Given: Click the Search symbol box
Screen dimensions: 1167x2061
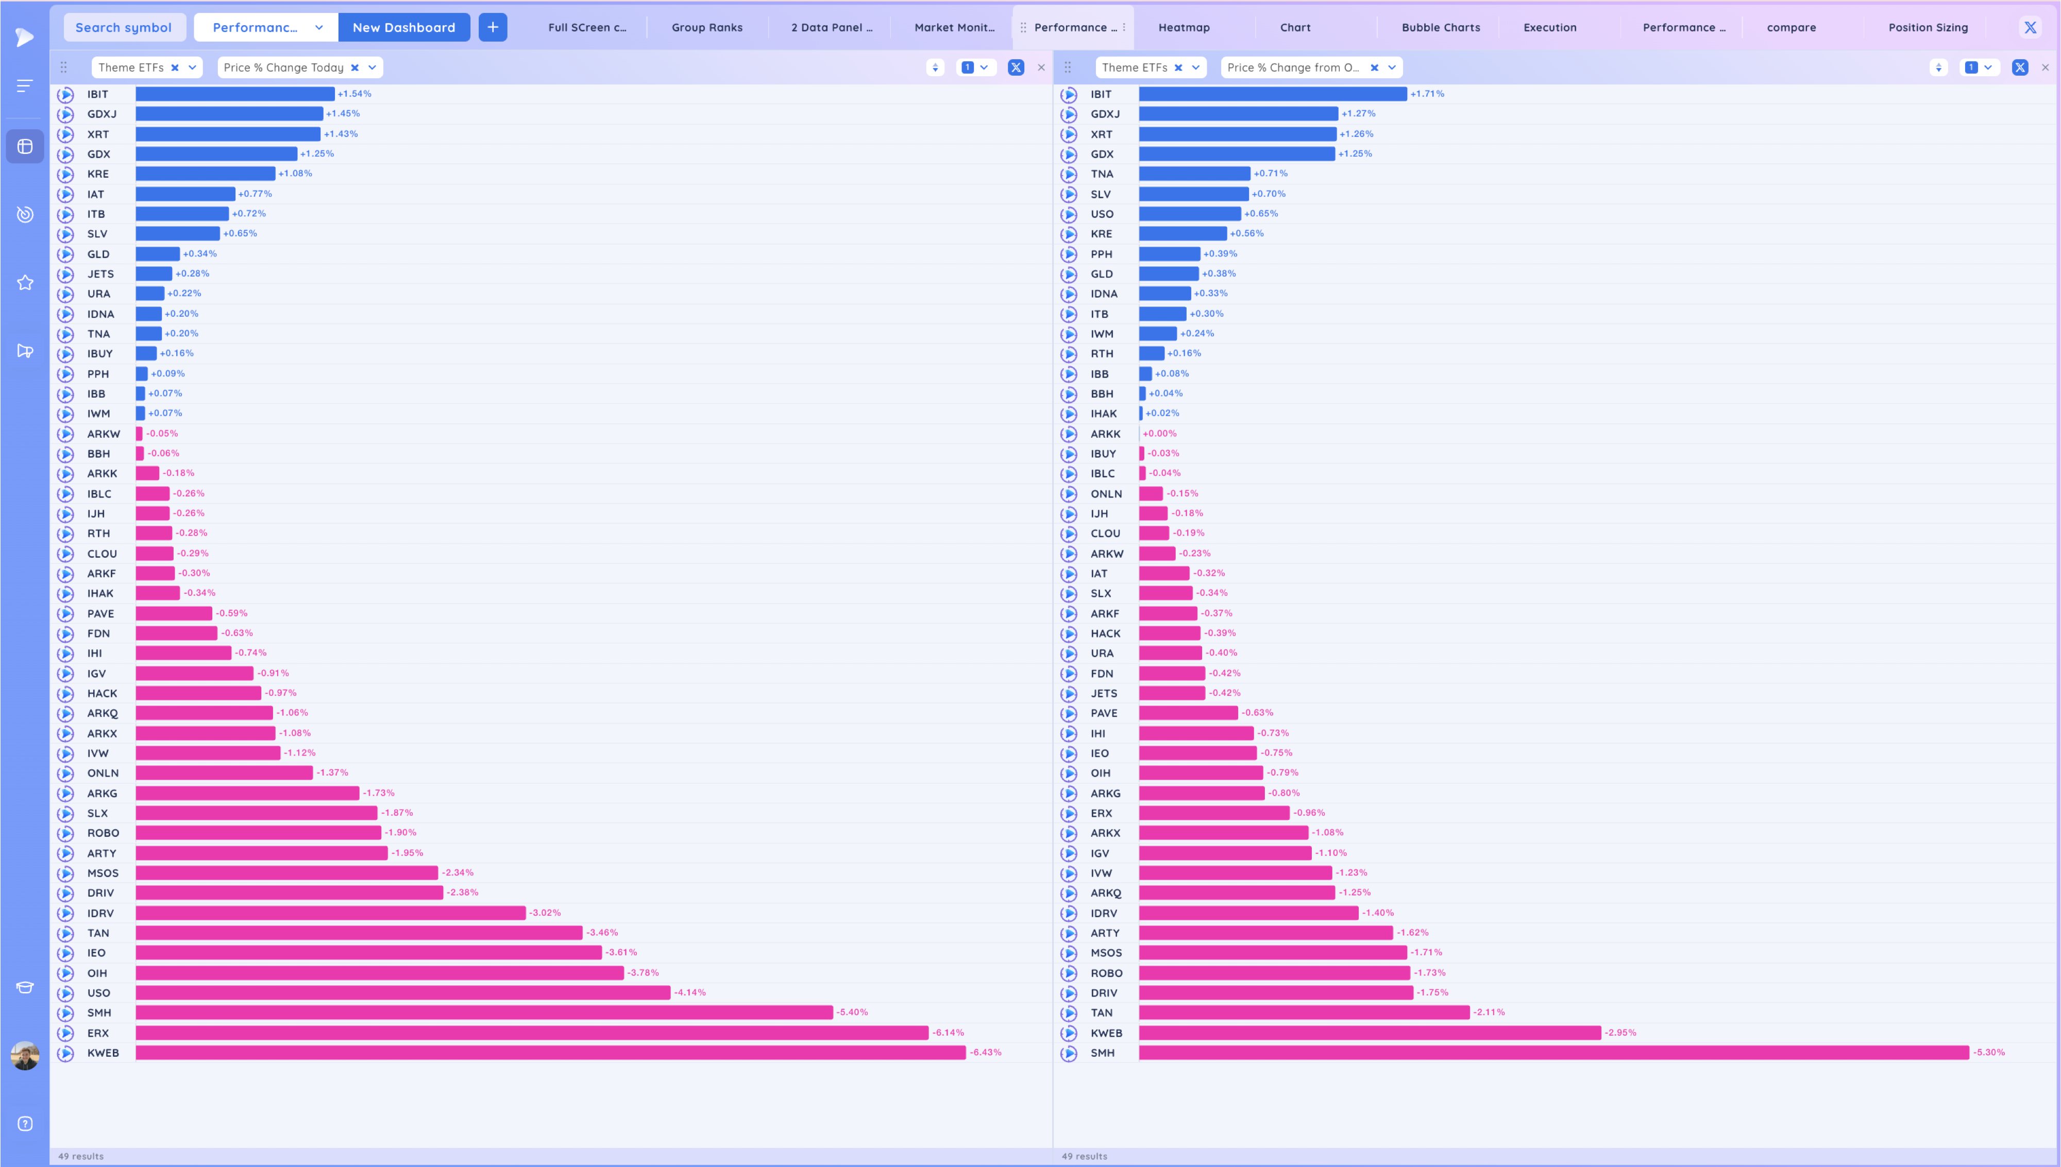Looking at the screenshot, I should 124,27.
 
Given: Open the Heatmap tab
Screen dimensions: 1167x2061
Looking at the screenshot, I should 1183,27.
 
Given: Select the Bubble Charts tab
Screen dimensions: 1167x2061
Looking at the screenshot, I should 1441,27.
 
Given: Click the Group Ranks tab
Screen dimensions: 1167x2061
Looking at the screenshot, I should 706,27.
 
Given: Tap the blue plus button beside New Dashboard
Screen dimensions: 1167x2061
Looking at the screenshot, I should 492,27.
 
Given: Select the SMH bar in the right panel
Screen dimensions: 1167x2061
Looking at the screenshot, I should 1553,1052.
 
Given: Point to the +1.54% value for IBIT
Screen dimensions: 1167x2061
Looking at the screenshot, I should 354,94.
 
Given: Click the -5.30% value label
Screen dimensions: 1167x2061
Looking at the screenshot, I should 1988,1052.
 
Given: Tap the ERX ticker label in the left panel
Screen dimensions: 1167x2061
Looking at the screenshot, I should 98,1033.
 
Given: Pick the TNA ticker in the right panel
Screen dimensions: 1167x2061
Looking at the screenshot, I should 1102,174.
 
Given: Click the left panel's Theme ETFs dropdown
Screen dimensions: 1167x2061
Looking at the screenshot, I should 192,67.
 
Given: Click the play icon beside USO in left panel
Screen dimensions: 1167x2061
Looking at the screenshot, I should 66,993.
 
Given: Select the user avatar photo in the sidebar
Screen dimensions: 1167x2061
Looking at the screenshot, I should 25,1056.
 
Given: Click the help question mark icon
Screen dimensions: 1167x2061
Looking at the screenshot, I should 25,1124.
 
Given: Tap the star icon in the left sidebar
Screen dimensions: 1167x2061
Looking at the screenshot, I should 25,283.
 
